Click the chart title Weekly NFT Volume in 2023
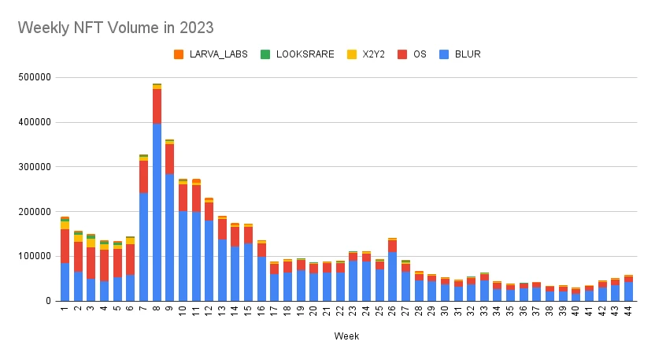pyautogui.click(x=116, y=28)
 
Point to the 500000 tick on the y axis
pyautogui.click(x=35, y=78)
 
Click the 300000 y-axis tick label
pyautogui.click(x=35, y=167)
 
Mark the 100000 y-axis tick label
pyautogui.click(x=35, y=257)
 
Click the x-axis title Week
pyautogui.click(x=346, y=336)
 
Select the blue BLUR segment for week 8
pyautogui.click(x=157, y=213)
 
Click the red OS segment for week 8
pyautogui.click(x=157, y=106)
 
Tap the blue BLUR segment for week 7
pyautogui.click(x=143, y=247)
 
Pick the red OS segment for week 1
pyautogui.click(x=65, y=246)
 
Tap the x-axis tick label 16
pyautogui.click(x=261, y=311)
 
